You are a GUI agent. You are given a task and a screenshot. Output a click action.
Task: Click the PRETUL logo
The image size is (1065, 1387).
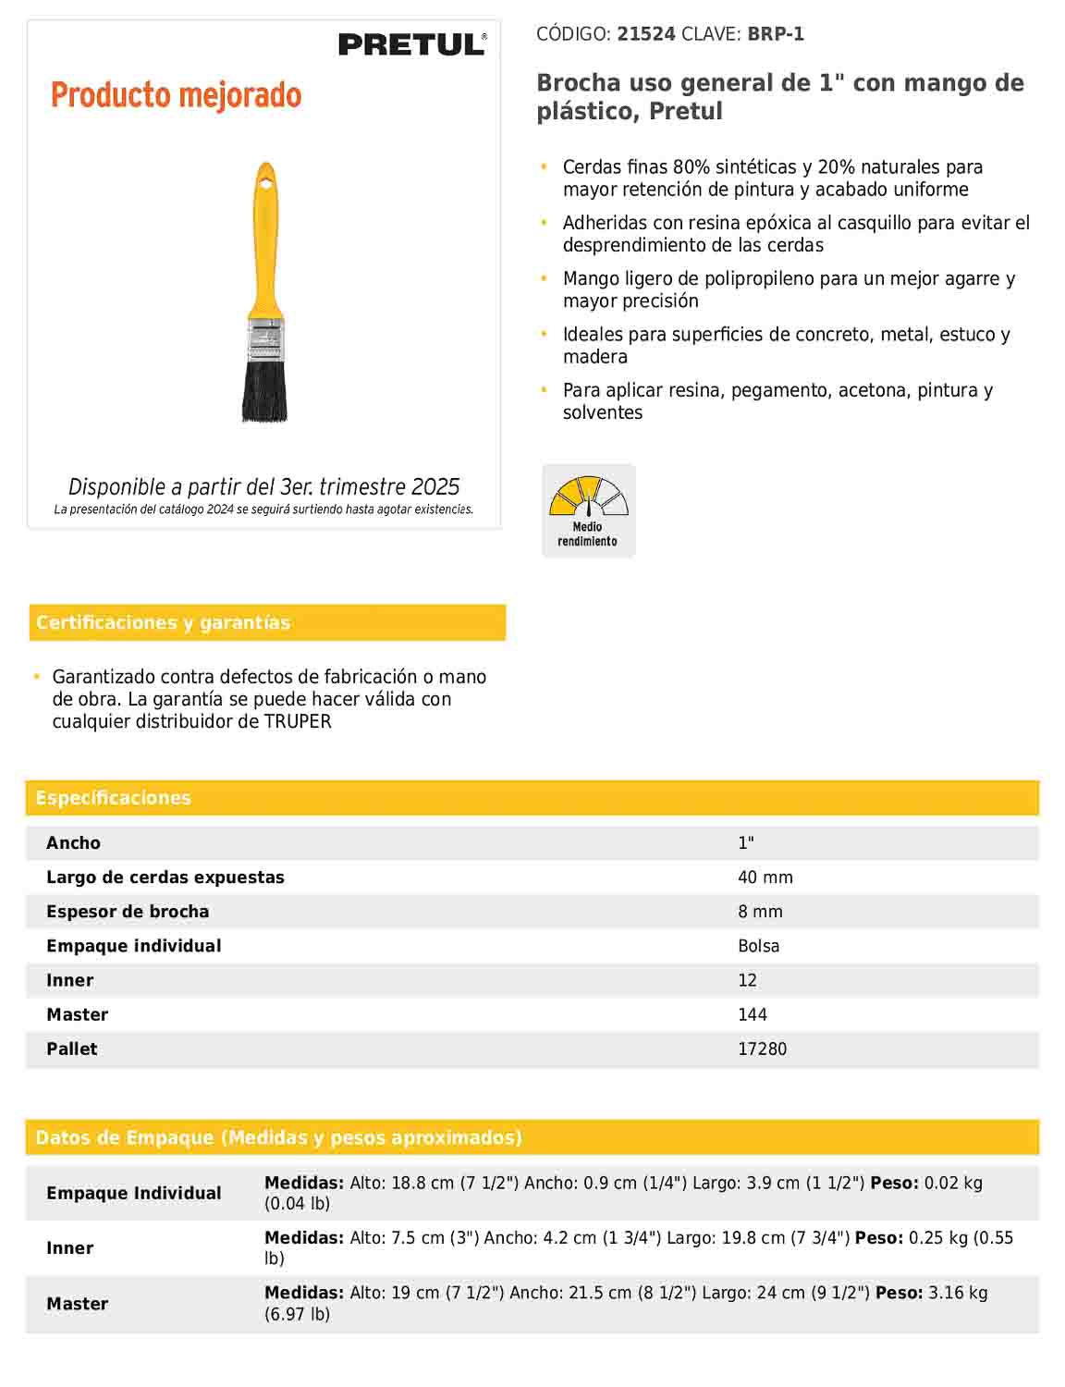click(411, 43)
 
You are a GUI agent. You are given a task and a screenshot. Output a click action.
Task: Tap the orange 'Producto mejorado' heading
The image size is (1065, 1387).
click(176, 95)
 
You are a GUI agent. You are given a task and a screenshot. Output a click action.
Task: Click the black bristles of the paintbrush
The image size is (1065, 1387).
click(264, 392)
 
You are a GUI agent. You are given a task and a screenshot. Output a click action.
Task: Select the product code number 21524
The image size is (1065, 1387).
click(646, 34)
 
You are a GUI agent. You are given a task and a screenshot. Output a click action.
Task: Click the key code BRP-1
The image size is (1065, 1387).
click(776, 34)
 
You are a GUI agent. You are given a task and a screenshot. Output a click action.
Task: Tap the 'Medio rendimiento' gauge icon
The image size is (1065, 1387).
click(588, 510)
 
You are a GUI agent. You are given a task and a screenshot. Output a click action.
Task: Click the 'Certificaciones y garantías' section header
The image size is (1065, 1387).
click(163, 622)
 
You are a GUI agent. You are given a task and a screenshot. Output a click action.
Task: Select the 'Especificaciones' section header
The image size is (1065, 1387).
click(113, 798)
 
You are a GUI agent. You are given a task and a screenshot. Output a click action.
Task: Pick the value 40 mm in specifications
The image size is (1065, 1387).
click(765, 878)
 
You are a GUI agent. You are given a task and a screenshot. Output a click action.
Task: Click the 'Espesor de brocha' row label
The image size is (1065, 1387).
click(128, 912)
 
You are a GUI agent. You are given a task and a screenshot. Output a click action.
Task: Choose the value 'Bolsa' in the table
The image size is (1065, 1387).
click(758, 946)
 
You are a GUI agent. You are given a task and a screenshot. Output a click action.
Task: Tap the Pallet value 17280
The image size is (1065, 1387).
click(762, 1049)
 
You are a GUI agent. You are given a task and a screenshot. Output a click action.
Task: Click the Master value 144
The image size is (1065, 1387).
click(752, 1014)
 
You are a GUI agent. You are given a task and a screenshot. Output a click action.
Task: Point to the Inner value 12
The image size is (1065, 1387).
click(747, 980)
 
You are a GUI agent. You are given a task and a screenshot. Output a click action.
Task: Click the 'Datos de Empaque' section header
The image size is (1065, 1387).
click(278, 1137)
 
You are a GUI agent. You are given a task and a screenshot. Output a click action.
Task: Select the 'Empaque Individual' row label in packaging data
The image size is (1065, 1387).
click(134, 1193)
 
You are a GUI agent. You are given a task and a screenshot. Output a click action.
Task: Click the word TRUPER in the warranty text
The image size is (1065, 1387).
click(297, 721)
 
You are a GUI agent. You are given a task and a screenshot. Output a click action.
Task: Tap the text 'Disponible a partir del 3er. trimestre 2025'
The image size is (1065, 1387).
click(263, 486)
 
